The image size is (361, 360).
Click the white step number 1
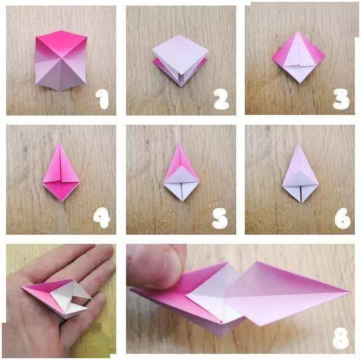point(102,99)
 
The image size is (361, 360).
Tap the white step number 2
point(221,99)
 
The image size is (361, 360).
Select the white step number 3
point(341,99)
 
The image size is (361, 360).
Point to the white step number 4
point(102,218)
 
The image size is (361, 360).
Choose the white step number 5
point(220,218)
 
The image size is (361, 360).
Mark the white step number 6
point(343,219)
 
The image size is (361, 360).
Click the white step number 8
point(341,338)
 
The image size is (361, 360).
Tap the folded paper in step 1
point(61,61)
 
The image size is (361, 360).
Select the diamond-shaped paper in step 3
point(299,57)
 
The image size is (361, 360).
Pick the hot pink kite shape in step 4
point(61,172)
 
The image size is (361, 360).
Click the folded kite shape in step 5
point(181,172)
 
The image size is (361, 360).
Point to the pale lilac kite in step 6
point(300,172)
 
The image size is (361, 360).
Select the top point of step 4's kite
point(60,142)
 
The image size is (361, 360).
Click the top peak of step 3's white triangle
point(299,32)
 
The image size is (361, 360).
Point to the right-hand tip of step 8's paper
point(351,292)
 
